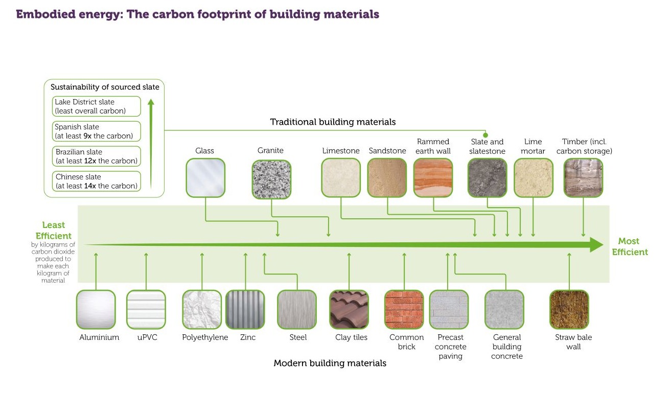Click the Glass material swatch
coord(205,178)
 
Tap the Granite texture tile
coord(271,179)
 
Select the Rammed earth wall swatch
coord(433,178)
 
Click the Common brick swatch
coord(404,309)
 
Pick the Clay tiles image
coord(349,309)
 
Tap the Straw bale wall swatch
coord(569,309)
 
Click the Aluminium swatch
coord(96,309)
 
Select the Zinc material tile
coord(245,309)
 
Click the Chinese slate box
coord(96,181)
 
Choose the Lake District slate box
coord(96,106)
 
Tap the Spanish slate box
coord(96,131)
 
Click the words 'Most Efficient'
coord(630,246)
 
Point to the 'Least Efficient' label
coord(53,230)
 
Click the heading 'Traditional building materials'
coord(333,122)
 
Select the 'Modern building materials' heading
coord(330,363)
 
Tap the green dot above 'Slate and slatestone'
coord(485,135)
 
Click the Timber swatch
coord(583,178)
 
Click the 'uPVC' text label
coord(147,337)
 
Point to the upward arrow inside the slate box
coord(151,144)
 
